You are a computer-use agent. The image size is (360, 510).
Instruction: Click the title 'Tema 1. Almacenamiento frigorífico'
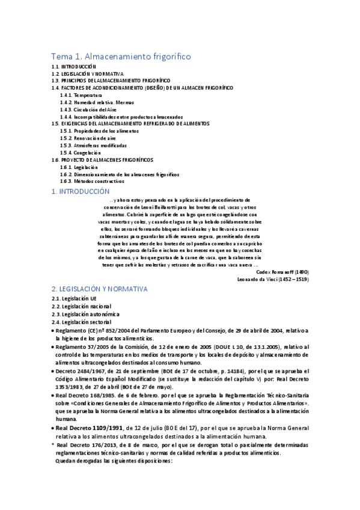pyautogui.click(x=121, y=55)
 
